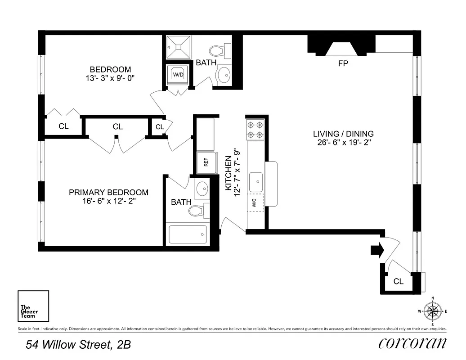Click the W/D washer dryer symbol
tap(178, 74)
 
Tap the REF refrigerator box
tap(206, 162)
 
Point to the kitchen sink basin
tap(257, 180)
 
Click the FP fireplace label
tap(343, 63)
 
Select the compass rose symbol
tap(432, 310)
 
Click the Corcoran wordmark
tap(412, 343)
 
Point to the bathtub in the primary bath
tap(188, 234)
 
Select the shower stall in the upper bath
tap(178, 46)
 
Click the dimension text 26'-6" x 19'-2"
tap(343, 143)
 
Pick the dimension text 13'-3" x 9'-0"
tap(110, 78)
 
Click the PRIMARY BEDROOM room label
tap(108, 192)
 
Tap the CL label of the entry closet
tap(398, 282)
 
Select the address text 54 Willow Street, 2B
tap(78, 345)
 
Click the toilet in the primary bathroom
tap(198, 210)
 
